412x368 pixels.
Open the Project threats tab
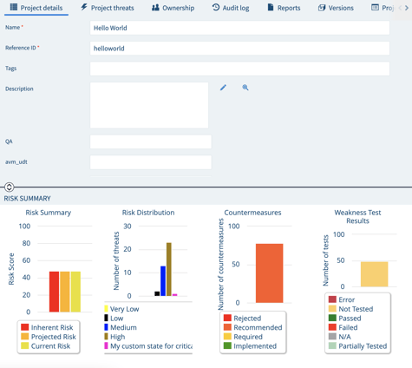[x=108, y=8]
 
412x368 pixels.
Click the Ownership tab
[x=173, y=8]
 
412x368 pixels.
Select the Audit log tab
[x=230, y=8]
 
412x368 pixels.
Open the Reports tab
[x=284, y=8]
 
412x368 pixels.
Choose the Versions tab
[x=336, y=8]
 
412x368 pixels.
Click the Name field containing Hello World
[x=239, y=28]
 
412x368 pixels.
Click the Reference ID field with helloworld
[x=239, y=49]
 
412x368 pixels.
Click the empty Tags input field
[x=239, y=69]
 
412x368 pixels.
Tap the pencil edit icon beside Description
[x=223, y=88]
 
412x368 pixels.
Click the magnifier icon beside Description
[x=245, y=88]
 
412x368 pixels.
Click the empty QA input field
[x=150, y=141]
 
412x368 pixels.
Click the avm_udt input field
[x=150, y=162]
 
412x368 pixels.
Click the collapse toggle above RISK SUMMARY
[x=9, y=187]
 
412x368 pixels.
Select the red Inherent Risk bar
[x=55, y=292]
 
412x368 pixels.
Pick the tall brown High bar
[x=169, y=270]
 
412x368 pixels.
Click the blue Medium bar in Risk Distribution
[x=163, y=281]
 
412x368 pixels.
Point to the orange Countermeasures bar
[x=269, y=273]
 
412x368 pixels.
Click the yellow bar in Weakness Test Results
[x=374, y=274]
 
